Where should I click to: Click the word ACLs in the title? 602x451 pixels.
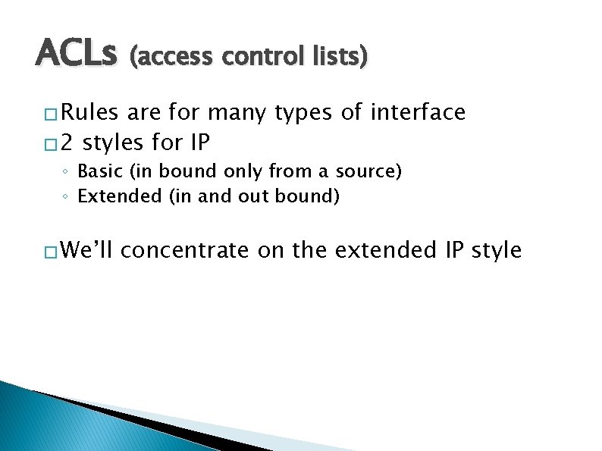pyautogui.click(x=76, y=55)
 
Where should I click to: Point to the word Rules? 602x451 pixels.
pyautogui.click(x=89, y=113)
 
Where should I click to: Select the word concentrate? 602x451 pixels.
pyautogui.click(x=184, y=250)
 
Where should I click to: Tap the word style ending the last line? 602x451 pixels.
pyautogui.click(x=497, y=250)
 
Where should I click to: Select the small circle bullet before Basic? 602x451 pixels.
pyautogui.click(x=66, y=173)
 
